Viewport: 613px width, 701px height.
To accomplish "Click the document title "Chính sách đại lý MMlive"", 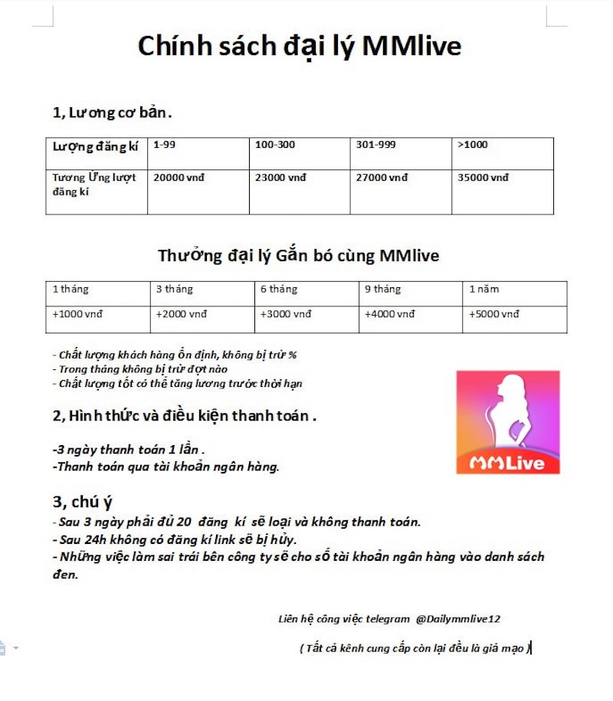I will (300, 46).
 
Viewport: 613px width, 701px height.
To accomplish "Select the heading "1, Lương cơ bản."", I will (112, 113).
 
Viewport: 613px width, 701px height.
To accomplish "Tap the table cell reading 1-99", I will (165, 145).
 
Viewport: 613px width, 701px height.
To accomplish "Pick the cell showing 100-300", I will (275, 145).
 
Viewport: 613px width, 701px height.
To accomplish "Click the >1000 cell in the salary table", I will (472, 145).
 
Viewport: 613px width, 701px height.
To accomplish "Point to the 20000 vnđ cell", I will (179, 178).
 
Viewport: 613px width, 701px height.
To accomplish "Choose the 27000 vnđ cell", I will (382, 178).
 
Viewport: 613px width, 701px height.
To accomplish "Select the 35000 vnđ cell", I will (483, 178).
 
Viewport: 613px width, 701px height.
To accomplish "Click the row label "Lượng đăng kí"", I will (95, 146).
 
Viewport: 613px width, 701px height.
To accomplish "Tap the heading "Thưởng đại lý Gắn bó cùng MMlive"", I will (299, 255).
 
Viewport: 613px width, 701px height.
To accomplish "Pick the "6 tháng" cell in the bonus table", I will (279, 290).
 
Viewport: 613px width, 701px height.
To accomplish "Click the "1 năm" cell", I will (484, 290).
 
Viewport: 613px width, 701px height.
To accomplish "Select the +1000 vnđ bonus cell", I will (77, 314).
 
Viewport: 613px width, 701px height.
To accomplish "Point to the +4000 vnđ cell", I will (390, 314).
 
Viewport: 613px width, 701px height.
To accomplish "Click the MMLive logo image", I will (508, 421).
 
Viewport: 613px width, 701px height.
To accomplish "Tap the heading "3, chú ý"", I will (83, 502).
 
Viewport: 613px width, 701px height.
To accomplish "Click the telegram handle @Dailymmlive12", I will (458, 618).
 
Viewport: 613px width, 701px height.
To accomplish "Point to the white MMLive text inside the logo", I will (507, 463).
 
